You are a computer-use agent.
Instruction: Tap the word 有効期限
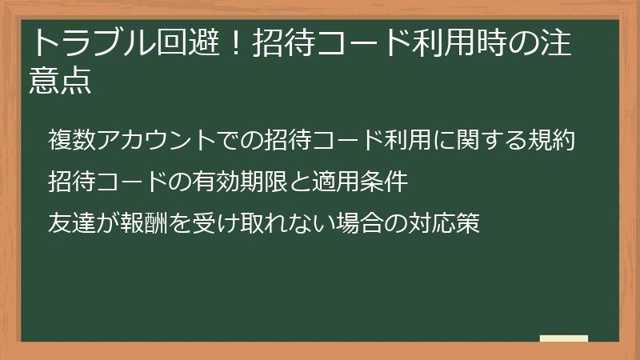229,182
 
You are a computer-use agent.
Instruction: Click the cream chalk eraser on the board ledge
564,338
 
